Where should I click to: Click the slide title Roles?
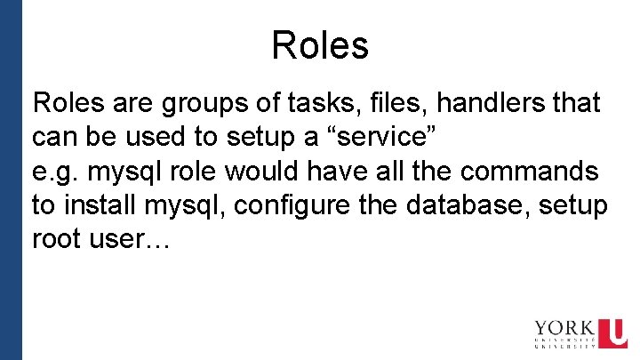[320, 45]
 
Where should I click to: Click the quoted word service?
[373, 138]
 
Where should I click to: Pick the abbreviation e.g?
[53, 172]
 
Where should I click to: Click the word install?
[100, 205]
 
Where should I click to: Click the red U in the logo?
[612, 334]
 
